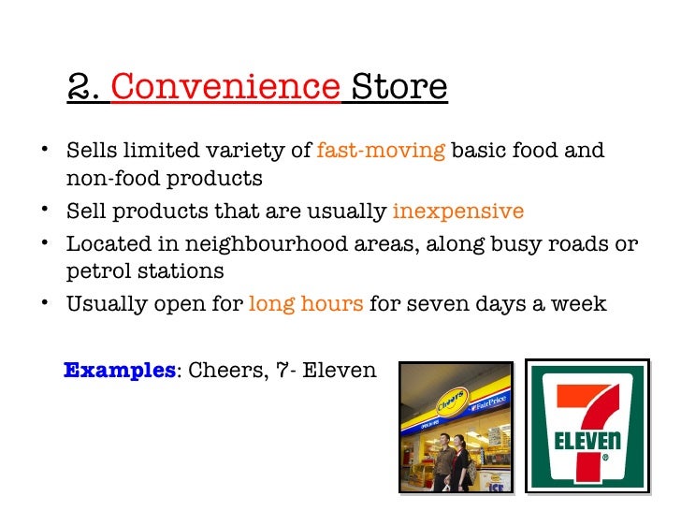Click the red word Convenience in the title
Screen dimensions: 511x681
pos(225,87)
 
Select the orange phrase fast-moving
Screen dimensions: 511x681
pos(381,152)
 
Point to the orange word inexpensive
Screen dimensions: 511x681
pos(457,212)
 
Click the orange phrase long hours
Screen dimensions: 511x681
pos(305,304)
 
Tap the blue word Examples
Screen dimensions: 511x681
pos(119,371)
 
